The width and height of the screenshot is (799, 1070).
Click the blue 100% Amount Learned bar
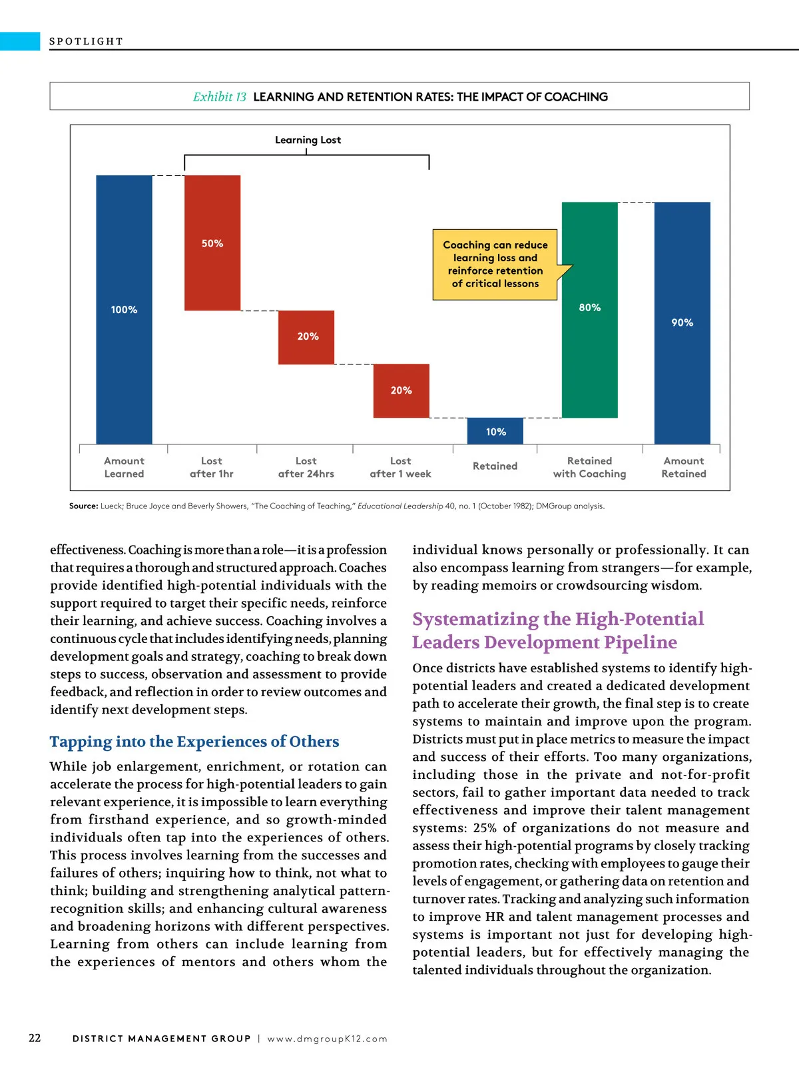(124, 309)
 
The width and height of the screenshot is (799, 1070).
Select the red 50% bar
(212, 243)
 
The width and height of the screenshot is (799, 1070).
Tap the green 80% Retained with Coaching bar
(589, 309)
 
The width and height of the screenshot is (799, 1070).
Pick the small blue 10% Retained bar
(495, 431)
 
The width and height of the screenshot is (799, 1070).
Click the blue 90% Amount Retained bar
(682, 322)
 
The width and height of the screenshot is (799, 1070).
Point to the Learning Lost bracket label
(308, 140)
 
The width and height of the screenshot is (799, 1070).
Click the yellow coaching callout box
(495, 265)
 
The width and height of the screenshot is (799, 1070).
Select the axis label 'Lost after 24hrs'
(306, 467)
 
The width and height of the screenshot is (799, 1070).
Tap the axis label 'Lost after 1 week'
(400, 467)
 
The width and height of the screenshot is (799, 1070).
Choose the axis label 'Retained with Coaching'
(589, 467)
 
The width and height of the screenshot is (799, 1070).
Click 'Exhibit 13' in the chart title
(220, 97)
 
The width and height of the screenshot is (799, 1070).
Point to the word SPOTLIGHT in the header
(87, 41)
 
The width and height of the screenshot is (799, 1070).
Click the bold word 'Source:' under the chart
(84, 506)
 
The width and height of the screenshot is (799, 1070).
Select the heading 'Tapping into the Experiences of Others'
(194, 742)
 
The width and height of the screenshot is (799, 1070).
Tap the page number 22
(35, 1038)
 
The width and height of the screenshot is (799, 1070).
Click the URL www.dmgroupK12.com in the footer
(328, 1039)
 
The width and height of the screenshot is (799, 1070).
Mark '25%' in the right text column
(485, 828)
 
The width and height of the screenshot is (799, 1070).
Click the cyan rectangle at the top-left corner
(20, 41)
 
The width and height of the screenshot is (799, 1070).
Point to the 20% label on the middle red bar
(308, 336)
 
